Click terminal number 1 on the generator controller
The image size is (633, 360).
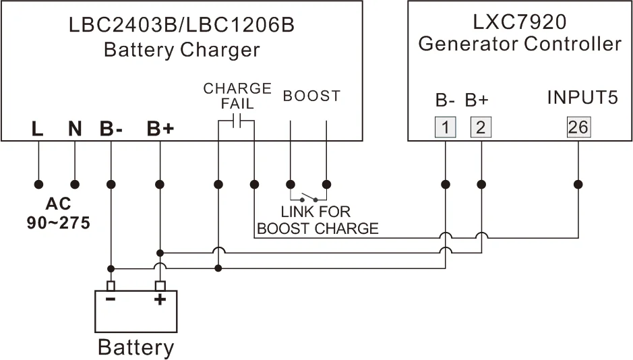[x=445, y=127]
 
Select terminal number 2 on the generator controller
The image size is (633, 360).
[x=481, y=127]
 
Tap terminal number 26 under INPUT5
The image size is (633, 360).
[x=578, y=127]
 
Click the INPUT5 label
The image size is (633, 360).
[x=582, y=98]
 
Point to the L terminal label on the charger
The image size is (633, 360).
[x=38, y=128]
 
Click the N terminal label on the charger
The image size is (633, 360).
[x=75, y=128]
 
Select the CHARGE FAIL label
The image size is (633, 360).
[x=237, y=96]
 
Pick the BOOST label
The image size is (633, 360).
[x=311, y=96]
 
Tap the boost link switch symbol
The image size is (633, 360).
[x=309, y=198]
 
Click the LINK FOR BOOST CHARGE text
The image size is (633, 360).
[x=318, y=220]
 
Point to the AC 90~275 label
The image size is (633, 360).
[x=58, y=214]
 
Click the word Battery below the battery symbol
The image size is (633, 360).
[x=135, y=347]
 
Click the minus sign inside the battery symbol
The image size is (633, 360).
[x=111, y=299]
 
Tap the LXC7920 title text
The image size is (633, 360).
[x=519, y=22]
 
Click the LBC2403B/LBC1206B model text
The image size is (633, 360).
[x=181, y=25]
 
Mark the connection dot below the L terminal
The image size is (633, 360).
[x=38, y=183]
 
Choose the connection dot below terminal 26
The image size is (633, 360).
[x=578, y=183]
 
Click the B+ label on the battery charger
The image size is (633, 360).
[x=160, y=128]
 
